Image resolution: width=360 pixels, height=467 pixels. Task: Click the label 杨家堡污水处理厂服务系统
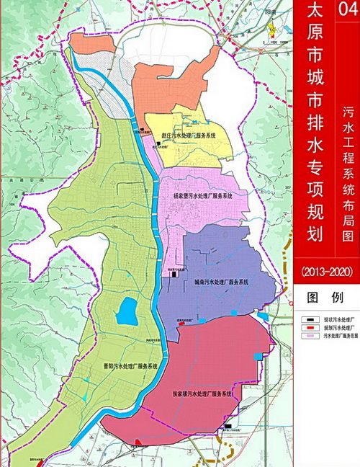pyautogui.click(x=203, y=195)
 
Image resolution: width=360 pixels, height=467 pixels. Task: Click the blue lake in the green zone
pyautogui.click(x=128, y=312)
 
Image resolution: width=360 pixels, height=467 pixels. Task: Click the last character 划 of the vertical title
pyautogui.click(x=314, y=233)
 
